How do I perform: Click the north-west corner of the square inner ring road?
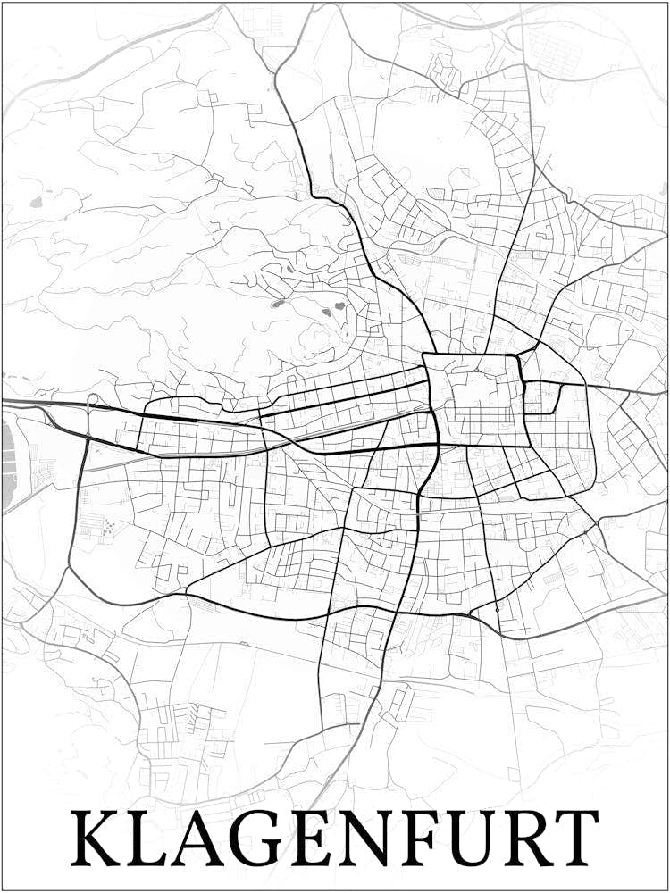pyautogui.click(x=426, y=355)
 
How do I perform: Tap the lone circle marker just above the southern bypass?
pyautogui.click(x=497, y=609)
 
